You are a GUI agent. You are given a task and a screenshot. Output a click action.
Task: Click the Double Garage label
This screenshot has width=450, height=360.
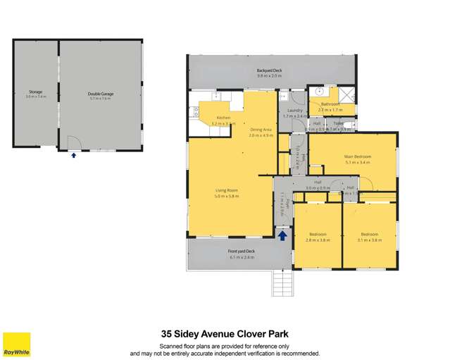pyautogui.click(x=101, y=93)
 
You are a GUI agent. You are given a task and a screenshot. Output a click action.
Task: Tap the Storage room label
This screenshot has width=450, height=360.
pyautogui.click(x=35, y=92)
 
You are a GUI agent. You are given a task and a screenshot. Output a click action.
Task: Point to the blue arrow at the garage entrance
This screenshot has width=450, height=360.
pyautogui.click(x=73, y=155)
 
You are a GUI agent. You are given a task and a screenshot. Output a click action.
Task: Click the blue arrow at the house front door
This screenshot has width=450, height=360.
pyautogui.click(x=282, y=236)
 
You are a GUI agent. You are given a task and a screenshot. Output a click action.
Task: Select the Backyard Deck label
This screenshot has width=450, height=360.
pyautogui.click(x=269, y=70)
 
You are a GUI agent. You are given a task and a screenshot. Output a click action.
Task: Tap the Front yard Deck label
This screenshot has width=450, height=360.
pyautogui.click(x=241, y=251)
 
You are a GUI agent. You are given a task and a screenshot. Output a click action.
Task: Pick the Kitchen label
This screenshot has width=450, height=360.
pyautogui.click(x=223, y=118)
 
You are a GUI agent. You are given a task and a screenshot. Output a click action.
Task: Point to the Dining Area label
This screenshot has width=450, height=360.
pyautogui.click(x=260, y=130)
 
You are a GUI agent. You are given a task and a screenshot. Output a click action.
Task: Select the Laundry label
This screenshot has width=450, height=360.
pyautogui.click(x=295, y=111)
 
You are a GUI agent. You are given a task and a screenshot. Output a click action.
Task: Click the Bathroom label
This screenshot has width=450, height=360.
pyautogui.click(x=330, y=104)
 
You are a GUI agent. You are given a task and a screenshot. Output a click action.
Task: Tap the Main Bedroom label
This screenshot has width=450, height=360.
pyautogui.click(x=358, y=156)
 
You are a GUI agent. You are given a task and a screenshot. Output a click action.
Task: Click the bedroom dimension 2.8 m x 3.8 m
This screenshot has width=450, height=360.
pyautogui.click(x=316, y=240)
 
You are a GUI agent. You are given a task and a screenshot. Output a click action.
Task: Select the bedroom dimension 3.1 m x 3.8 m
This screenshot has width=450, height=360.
pyautogui.click(x=370, y=240)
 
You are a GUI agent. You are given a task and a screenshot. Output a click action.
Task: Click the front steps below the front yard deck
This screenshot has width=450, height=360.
pyautogui.click(x=282, y=283)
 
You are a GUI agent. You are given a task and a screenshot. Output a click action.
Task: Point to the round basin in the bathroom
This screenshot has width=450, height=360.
pyautogui.click(x=319, y=91)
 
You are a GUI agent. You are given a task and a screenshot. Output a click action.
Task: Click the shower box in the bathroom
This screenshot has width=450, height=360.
pyautogui.click(x=346, y=94)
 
